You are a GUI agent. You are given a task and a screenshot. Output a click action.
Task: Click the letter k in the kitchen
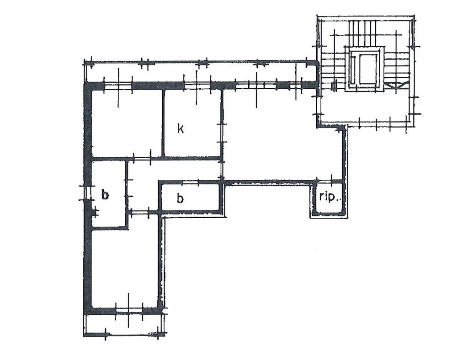(180, 129)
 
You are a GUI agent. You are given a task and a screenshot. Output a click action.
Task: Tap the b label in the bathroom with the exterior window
(105, 194)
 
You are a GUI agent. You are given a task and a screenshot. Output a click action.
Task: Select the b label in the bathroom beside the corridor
(180, 198)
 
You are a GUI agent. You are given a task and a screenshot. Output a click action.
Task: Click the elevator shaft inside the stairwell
(364, 69)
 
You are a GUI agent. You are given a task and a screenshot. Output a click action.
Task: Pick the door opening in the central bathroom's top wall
(190, 182)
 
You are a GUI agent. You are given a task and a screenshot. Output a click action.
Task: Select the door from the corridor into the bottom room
(140, 213)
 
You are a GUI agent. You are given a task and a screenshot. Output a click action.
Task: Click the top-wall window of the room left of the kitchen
(118, 86)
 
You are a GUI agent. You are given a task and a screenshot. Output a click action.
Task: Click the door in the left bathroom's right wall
(127, 188)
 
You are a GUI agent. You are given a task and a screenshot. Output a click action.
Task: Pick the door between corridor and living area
(222, 170)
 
